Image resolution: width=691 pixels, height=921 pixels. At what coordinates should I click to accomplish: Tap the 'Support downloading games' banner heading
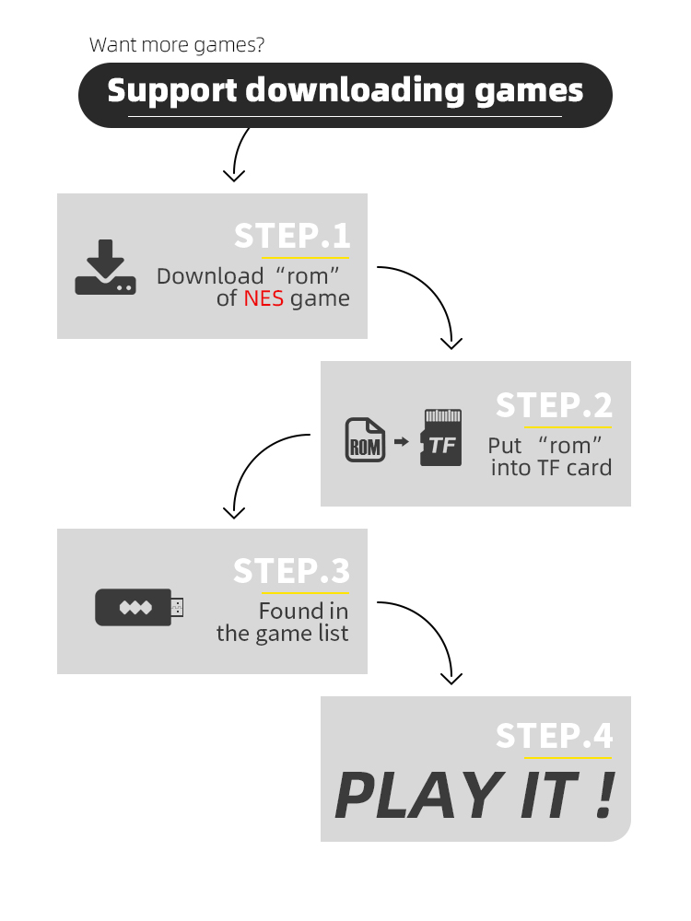[x=345, y=91]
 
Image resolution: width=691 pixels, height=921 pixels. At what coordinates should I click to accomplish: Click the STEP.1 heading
[x=292, y=236]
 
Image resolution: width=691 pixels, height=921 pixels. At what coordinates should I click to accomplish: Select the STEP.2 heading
[x=554, y=405]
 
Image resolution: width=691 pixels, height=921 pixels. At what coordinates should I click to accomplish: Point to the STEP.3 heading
[x=292, y=571]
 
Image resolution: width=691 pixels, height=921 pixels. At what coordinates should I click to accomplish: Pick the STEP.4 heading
[x=554, y=736]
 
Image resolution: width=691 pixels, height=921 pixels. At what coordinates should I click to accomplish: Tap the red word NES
[x=264, y=298]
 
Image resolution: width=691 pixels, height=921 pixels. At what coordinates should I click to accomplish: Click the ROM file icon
[x=365, y=441]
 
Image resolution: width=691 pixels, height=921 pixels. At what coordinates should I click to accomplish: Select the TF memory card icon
[x=440, y=437]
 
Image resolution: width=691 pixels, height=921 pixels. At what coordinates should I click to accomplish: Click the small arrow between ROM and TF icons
[x=401, y=442]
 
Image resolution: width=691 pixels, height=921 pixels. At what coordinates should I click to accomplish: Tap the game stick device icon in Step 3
[x=139, y=608]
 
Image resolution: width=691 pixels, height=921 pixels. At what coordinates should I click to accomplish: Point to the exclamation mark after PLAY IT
[x=603, y=794]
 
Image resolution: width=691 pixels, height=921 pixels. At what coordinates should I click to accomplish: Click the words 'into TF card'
[x=551, y=468]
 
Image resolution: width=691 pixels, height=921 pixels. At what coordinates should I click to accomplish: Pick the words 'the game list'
[x=283, y=634]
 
